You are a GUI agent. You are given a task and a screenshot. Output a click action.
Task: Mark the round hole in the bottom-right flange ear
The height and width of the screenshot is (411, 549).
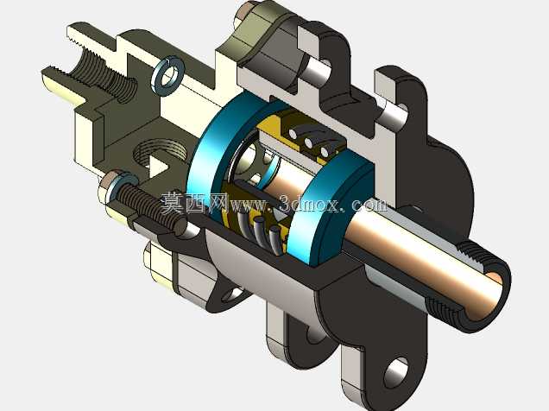(x=396, y=372)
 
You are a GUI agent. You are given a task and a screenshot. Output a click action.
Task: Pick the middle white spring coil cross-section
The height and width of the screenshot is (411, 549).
(x=308, y=142)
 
